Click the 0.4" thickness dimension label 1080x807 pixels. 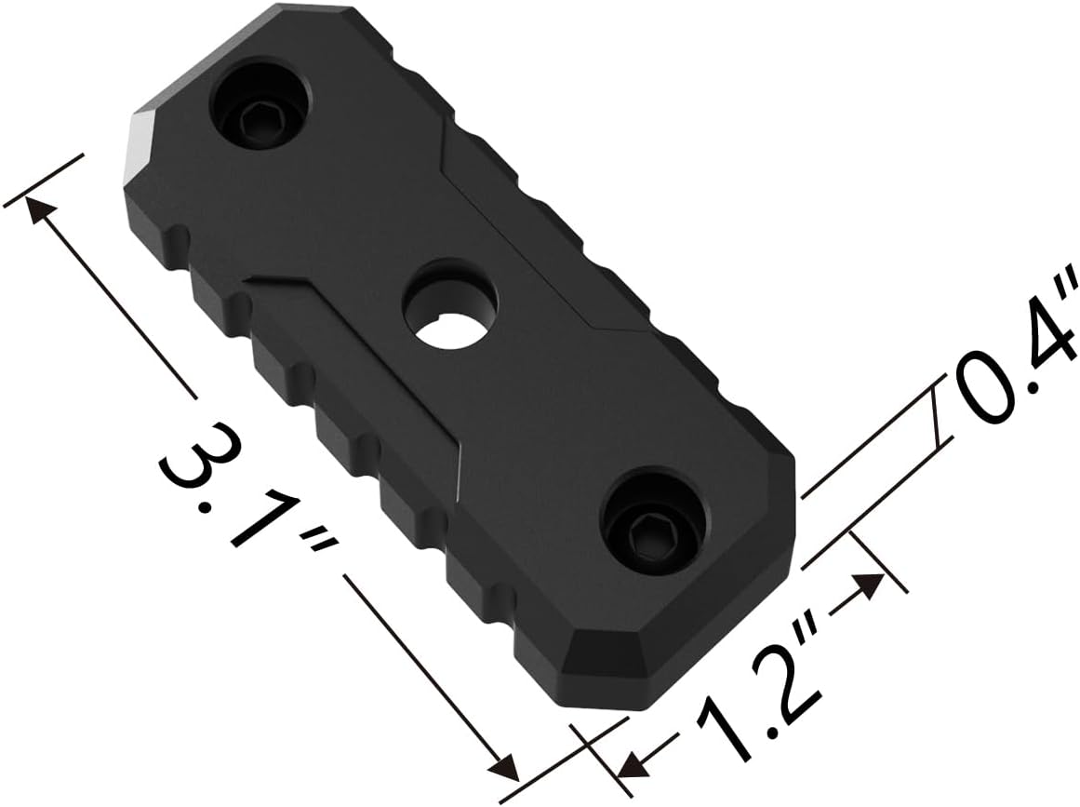coord(1014,363)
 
